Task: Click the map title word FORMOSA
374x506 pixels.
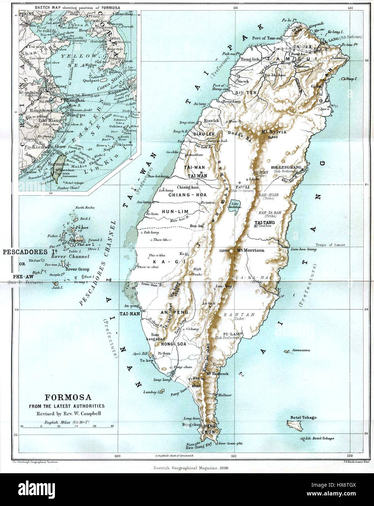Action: (x=68, y=398)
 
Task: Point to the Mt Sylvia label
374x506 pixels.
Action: (x=274, y=132)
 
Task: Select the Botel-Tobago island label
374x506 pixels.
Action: (x=303, y=418)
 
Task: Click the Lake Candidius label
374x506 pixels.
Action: (x=234, y=205)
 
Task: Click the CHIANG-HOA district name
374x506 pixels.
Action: (x=187, y=195)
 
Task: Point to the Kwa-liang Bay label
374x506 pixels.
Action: (x=198, y=445)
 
